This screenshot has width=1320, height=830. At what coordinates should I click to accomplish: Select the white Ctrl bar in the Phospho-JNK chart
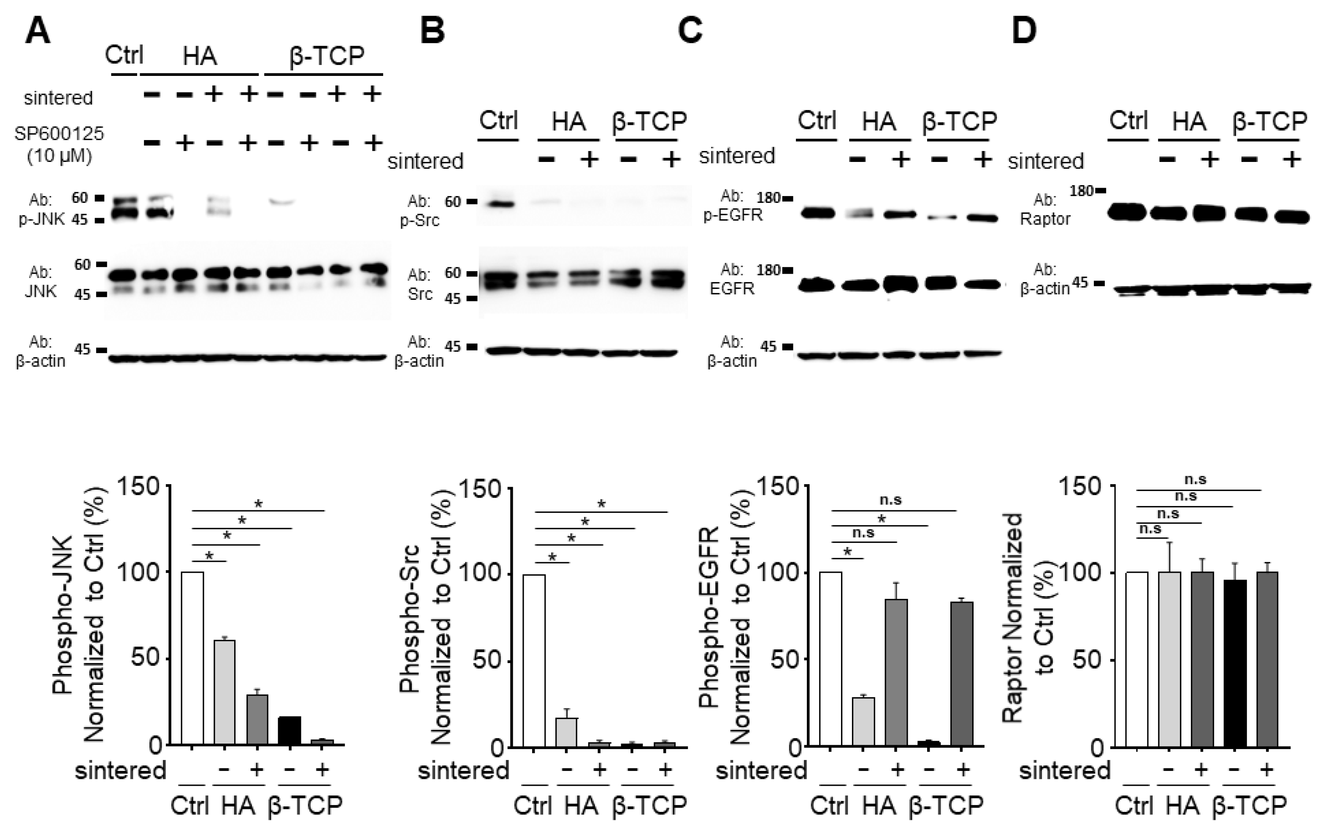point(192,658)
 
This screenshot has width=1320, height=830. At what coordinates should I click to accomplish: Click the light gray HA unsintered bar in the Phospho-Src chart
point(567,733)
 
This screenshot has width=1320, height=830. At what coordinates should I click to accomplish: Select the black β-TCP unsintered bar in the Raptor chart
point(1235,663)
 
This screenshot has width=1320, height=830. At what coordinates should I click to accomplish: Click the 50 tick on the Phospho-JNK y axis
point(145,658)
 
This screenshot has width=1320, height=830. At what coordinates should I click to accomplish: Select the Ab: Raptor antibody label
point(1045,209)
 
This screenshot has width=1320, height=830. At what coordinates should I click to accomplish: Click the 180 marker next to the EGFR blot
point(768,269)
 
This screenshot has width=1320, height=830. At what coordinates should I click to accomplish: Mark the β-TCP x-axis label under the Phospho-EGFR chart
point(946,806)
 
